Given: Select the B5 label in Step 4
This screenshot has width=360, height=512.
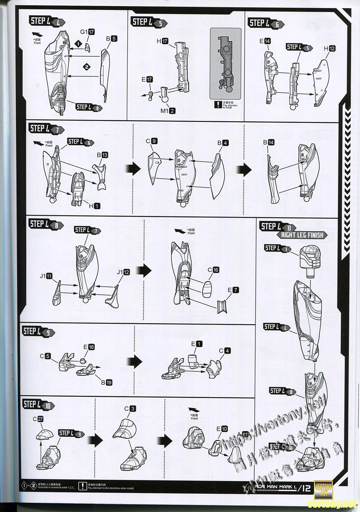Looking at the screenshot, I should tap(111, 39).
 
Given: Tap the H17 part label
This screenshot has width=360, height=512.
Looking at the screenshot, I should tap(163, 41).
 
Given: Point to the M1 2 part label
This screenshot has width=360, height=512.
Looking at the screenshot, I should tap(168, 111).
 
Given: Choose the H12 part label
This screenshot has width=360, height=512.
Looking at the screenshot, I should tap(329, 48).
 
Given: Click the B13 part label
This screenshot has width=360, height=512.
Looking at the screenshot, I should tap(102, 155).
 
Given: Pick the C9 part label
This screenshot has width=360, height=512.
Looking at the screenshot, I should tap(151, 141).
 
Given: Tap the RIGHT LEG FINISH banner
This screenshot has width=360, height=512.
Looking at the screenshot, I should tap(302, 235).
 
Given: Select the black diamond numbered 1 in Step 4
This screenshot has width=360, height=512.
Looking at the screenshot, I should tap(78, 44).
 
